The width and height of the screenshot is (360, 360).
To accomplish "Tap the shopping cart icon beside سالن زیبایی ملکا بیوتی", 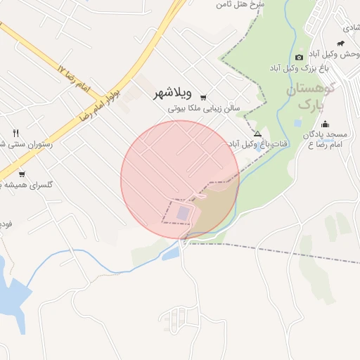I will [203, 98].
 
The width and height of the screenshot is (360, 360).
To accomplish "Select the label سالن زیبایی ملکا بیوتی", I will [204, 109].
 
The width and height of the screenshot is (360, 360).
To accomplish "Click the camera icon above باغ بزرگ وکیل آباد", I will [300, 57].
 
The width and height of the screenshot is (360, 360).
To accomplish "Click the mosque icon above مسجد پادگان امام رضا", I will [328, 123].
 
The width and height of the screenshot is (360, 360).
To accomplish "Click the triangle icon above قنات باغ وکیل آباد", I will [257, 134].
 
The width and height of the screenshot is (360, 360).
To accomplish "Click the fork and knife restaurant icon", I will [15, 132].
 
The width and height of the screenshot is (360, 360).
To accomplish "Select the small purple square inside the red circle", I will [183, 212].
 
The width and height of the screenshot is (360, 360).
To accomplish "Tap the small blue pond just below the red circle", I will [170, 254].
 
